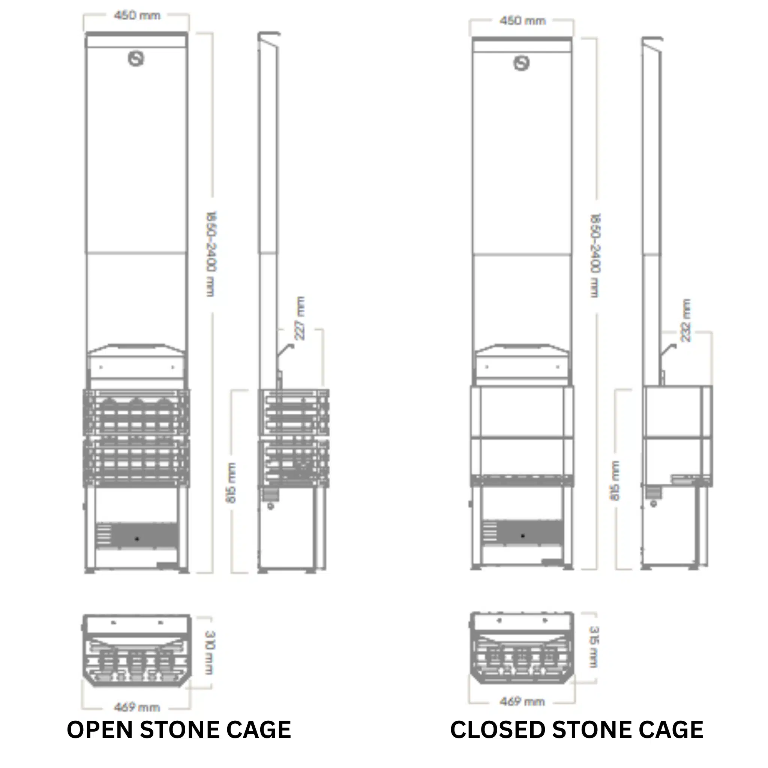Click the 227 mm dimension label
click(x=300, y=318)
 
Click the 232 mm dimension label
click(x=686, y=320)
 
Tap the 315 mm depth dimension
click(x=594, y=647)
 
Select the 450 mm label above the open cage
click(x=137, y=15)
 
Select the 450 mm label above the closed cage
click(x=522, y=21)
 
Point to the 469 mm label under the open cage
click(x=137, y=707)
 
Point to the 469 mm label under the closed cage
click(x=522, y=702)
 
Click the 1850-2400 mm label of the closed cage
click(x=595, y=255)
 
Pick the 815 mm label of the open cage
click(x=231, y=483)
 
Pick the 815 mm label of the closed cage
click(x=615, y=481)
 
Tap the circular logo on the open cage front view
click(x=136, y=59)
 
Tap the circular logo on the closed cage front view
click(x=522, y=63)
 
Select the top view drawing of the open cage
click(x=137, y=651)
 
